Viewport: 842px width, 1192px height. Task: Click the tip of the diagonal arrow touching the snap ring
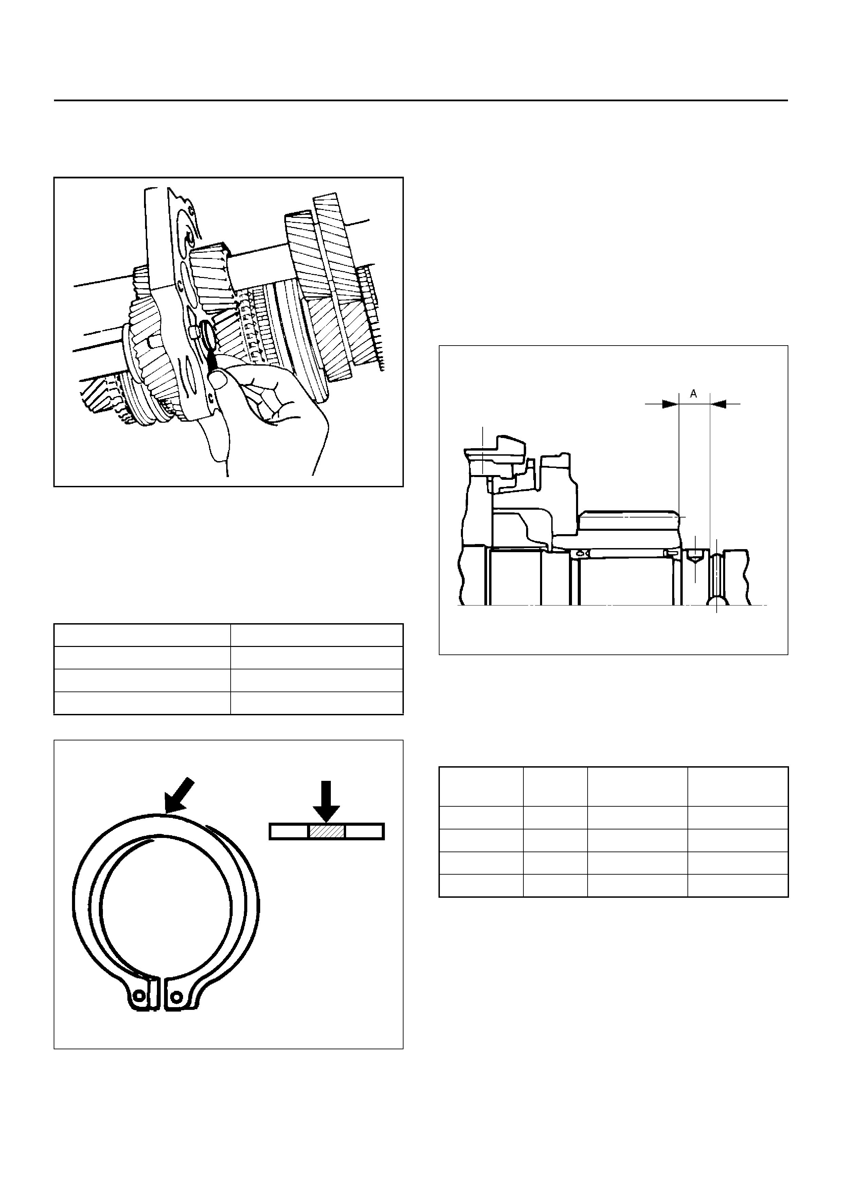(164, 812)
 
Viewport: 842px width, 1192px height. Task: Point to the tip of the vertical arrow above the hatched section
(326, 822)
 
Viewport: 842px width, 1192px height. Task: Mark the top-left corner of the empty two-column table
(54, 624)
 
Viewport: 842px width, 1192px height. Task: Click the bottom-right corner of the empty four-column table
(788, 897)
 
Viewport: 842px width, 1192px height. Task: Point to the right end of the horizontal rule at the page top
(788, 100)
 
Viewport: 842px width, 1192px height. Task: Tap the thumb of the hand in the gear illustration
(220, 381)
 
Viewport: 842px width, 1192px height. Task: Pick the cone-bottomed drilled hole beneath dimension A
(694, 557)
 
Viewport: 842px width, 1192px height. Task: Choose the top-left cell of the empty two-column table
(142, 635)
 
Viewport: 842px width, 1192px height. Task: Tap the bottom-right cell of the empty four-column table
(738, 886)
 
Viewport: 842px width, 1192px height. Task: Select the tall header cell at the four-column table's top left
(481, 787)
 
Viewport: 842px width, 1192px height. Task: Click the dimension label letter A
(694, 394)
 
